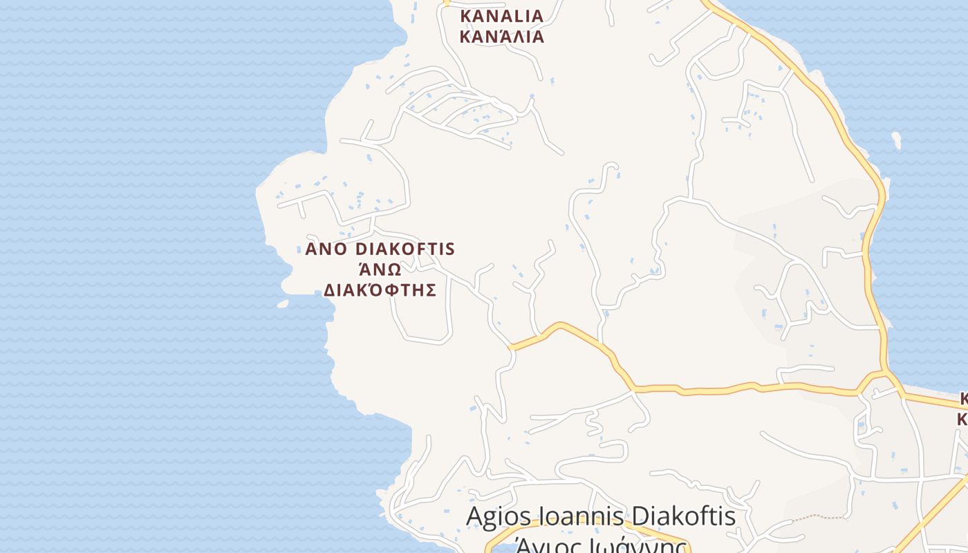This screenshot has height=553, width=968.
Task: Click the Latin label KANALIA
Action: point(501,16)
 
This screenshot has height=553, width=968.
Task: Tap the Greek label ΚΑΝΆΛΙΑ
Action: point(501,37)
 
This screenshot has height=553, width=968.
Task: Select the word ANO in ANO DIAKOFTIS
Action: point(327,249)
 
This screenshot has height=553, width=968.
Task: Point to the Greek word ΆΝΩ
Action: point(380,269)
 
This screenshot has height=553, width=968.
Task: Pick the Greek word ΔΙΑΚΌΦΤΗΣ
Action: point(380,290)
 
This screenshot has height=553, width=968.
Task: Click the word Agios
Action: point(498,516)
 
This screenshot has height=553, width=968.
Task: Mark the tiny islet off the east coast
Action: point(897,140)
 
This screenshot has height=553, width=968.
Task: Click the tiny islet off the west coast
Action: point(283,303)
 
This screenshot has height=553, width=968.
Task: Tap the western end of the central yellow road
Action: point(512,346)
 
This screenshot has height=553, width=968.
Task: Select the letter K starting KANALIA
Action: point(465,16)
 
